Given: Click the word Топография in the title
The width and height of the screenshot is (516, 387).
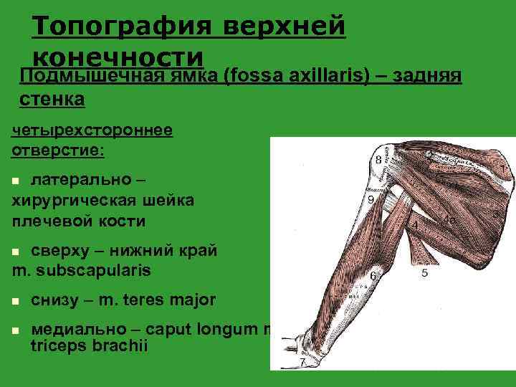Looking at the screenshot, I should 122,27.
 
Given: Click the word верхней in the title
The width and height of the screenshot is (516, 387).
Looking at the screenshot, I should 285,27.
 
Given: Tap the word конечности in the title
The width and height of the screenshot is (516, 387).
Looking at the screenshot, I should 118,57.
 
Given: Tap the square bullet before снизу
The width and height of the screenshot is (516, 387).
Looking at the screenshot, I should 16,300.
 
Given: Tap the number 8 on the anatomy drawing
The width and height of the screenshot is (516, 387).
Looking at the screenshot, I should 378,159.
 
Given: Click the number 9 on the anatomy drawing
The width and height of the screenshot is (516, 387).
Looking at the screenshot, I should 371,200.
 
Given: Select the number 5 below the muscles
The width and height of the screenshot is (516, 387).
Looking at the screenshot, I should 424,273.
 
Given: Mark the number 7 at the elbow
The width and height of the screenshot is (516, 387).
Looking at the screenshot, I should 302,362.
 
